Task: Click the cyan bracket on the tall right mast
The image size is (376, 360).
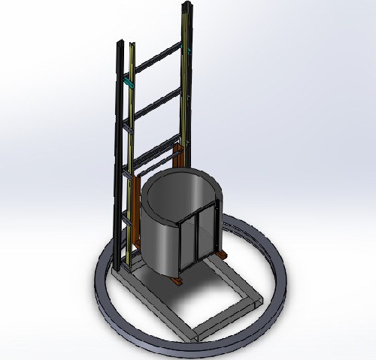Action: click(189, 50)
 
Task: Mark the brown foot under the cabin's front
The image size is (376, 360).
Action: click(177, 281)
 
